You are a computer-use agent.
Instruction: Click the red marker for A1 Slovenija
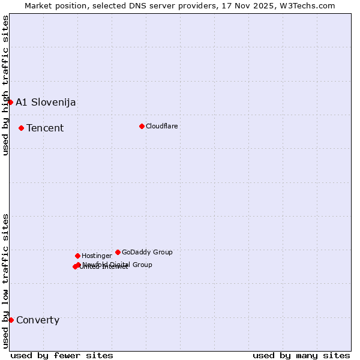(x=10, y=102)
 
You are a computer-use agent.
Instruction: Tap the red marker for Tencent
(x=21, y=128)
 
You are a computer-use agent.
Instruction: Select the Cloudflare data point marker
(x=142, y=126)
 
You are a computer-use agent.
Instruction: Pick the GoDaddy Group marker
(x=118, y=252)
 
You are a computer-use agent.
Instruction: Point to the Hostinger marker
(x=77, y=256)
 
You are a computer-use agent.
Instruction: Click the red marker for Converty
(x=11, y=320)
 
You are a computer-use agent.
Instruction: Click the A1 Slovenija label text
(x=46, y=102)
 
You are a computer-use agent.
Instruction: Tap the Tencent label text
(x=45, y=128)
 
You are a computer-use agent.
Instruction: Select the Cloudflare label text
(x=162, y=126)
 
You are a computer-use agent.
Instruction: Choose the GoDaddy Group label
(x=147, y=252)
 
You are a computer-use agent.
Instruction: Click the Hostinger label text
(x=97, y=256)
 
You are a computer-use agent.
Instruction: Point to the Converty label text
(x=38, y=320)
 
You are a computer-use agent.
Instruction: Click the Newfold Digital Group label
(x=118, y=265)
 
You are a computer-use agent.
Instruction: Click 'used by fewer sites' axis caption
(x=62, y=355)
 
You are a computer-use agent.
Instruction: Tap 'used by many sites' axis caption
(x=301, y=355)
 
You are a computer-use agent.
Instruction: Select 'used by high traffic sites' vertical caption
(x=5, y=85)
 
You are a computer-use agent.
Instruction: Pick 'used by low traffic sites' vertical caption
(x=5, y=281)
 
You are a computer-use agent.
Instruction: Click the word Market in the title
(x=38, y=5)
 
